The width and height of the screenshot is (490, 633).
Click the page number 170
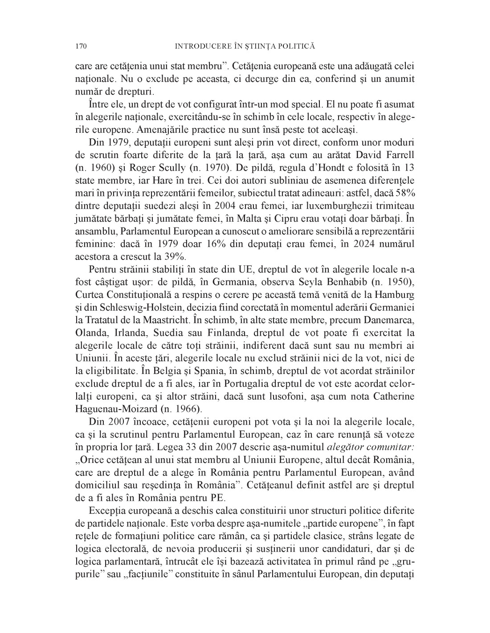(81, 46)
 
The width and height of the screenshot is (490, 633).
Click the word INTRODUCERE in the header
(198, 46)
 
